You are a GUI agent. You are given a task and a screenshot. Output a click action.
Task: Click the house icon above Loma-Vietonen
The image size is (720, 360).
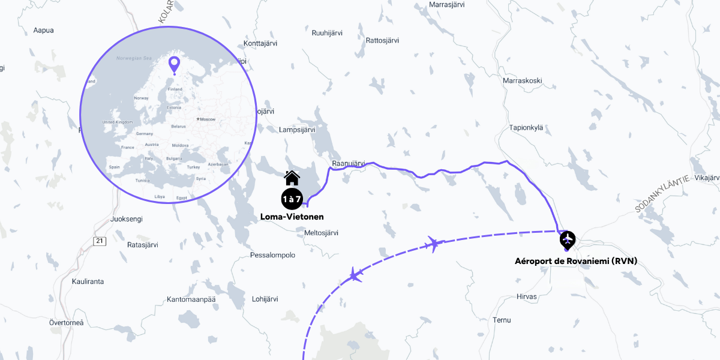coord(292,178)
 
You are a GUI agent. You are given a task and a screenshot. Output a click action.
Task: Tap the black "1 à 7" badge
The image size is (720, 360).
coord(292,198)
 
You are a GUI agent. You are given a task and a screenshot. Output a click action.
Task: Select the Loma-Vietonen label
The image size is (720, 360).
coord(292,217)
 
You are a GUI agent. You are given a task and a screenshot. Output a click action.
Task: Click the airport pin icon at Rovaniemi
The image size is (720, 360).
coord(567,240)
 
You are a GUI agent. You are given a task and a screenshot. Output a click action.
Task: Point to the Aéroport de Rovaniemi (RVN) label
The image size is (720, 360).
coord(576,261)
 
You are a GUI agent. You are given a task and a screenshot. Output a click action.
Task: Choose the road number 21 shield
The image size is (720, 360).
coord(99,241)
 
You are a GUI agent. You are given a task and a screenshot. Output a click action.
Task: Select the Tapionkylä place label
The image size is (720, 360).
coord(526,127)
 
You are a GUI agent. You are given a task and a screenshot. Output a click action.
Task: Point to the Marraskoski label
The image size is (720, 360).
coord(523,80)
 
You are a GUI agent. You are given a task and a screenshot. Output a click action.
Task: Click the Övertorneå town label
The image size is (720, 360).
coord(66,323)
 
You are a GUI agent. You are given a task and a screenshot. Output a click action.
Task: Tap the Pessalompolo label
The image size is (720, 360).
coord(272,255)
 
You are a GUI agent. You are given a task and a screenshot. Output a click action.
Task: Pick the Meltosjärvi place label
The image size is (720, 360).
coord(322,233)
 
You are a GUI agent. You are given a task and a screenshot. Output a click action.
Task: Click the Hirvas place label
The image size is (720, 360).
coord(527,296)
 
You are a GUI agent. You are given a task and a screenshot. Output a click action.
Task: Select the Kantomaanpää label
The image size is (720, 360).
coord(191,299)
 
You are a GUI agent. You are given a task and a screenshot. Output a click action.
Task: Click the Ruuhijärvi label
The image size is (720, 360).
coord(327,33)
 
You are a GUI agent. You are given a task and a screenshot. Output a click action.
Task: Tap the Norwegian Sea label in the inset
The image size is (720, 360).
coord(134,58)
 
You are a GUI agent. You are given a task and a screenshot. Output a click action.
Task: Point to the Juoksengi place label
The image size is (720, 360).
coord(127,219)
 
